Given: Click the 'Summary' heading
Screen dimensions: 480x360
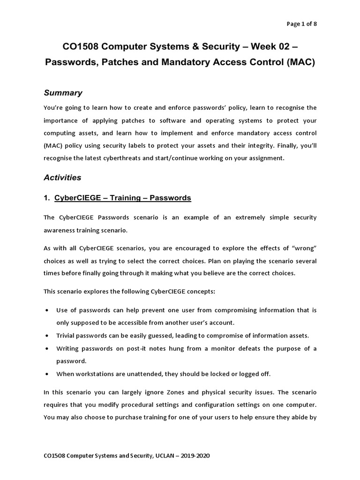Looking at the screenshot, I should click(63, 93).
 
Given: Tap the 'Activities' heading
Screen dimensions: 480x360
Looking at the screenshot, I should click(62, 178).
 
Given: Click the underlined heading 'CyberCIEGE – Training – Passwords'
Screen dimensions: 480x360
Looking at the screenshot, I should click(122, 198).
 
